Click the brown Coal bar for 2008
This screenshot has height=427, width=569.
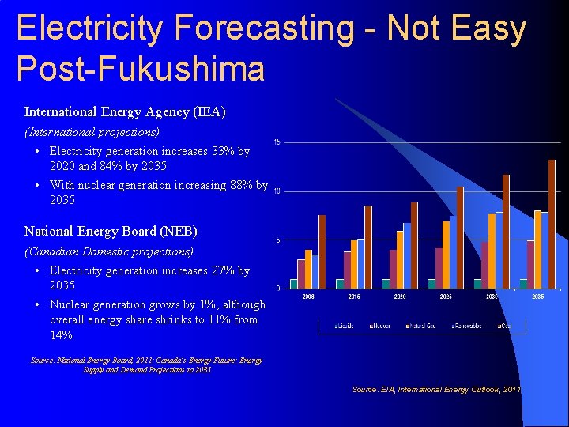322,251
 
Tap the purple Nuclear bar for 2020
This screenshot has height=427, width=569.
393,269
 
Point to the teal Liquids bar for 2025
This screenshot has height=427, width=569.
432,283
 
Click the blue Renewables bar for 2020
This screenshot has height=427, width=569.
407,255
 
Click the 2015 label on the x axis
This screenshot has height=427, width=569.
354,297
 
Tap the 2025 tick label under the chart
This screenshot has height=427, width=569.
446,297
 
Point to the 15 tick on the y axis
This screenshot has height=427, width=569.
277,142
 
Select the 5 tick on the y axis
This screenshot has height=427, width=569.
277,240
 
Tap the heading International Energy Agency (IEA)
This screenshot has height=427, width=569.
125,112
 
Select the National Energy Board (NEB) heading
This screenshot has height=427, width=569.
111,232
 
